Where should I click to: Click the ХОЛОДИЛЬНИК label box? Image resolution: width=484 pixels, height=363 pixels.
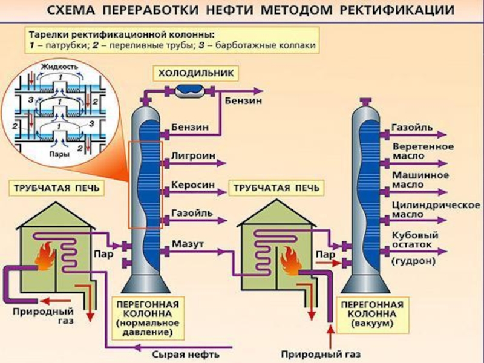195,74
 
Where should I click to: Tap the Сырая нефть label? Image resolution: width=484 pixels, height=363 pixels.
185,353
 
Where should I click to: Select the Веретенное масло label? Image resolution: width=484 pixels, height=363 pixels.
423,151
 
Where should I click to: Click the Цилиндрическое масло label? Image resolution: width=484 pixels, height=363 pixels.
435,209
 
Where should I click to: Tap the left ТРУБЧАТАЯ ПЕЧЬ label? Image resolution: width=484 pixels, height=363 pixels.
55,188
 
